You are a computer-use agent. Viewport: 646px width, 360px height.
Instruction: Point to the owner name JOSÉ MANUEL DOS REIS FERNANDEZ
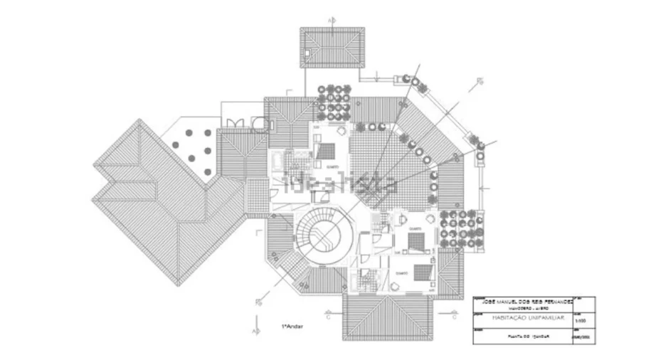(522, 302)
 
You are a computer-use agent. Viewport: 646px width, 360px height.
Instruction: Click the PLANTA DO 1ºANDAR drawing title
(521, 333)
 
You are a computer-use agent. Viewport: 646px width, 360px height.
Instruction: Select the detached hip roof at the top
(332, 48)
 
